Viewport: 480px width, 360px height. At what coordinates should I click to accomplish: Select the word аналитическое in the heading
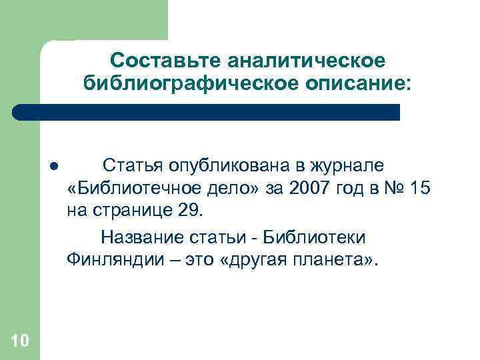[x=308, y=61]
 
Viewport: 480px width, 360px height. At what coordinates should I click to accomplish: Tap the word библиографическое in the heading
[x=169, y=84]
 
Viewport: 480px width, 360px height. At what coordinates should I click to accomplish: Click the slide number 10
[x=20, y=341]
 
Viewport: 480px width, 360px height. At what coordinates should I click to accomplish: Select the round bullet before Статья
[x=52, y=165]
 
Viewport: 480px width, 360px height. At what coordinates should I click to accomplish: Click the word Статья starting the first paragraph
[x=134, y=165]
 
